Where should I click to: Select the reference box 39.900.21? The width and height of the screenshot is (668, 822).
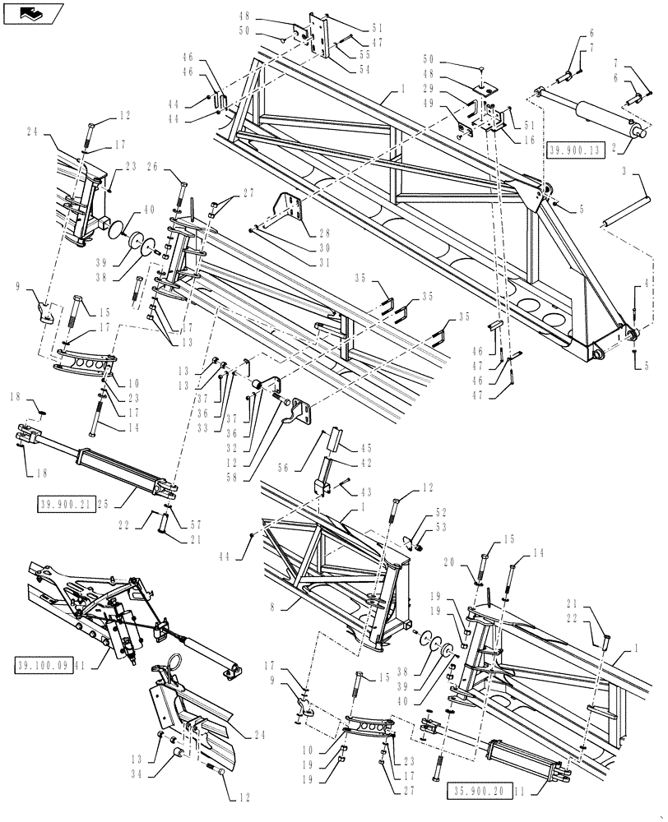pos(64,504)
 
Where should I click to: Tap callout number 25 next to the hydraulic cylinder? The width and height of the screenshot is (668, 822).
pos(124,505)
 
